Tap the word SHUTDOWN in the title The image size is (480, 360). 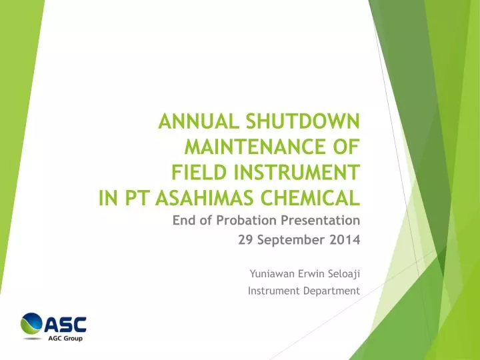[303, 121]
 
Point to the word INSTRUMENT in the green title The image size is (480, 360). [297, 173]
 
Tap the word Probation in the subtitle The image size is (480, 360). [246, 221]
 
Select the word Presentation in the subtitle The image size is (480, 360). [320, 221]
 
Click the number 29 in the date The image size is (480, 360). [245, 240]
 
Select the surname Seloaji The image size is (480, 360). [344, 274]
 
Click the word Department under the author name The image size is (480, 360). [331, 291]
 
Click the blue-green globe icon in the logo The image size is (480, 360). [31, 323]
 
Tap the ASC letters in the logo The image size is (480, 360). [65, 325]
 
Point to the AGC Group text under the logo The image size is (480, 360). [65, 338]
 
